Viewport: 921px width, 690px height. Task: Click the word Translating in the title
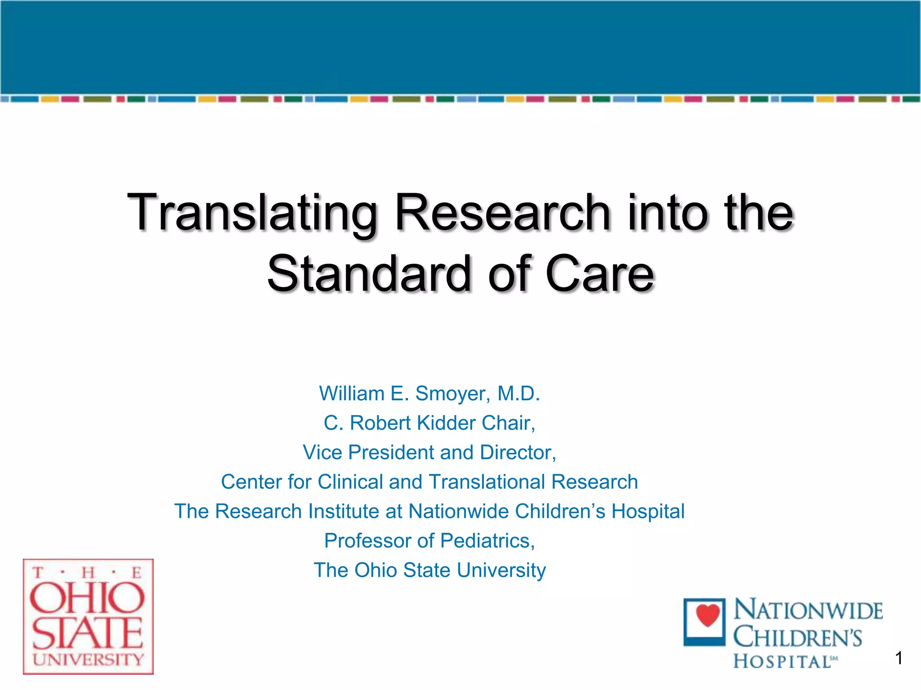coord(252,213)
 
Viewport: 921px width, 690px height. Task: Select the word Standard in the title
coord(369,274)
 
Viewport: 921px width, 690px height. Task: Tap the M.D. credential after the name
coord(518,394)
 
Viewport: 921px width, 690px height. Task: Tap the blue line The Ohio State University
coord(429,571)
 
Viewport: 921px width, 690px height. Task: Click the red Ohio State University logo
coord(88,617)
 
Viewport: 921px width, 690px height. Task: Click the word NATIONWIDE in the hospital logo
coord(808,610)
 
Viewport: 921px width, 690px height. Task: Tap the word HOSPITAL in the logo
coord(782,662)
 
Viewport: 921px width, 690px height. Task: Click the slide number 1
coord(899,659)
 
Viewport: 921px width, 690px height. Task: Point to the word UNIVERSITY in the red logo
coord(88,659)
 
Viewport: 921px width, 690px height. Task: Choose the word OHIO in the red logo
coord(87,598)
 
